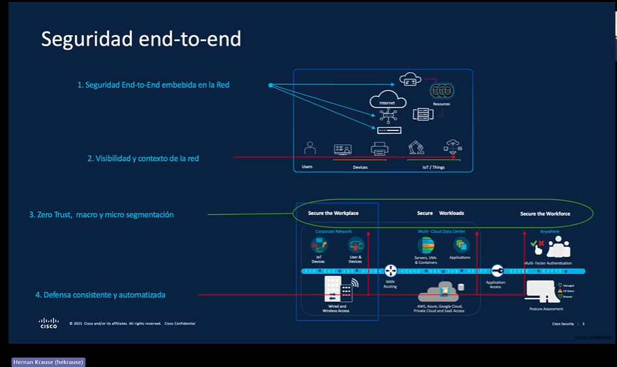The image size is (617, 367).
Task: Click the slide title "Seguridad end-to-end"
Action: pos(141,39)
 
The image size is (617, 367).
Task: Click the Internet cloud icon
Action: pos(387,100)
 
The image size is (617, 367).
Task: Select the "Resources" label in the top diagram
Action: pos(442,104)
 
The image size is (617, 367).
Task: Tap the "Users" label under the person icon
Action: pos(307,167)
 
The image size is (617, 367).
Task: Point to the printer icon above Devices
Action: pos(380,149)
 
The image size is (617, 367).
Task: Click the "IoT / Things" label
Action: pos(434,167)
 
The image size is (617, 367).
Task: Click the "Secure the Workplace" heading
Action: pos(333,213)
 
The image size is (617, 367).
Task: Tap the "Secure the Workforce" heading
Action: pos(545,214)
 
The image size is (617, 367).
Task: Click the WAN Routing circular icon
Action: pos(391,271)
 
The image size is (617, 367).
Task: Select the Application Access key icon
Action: pos(496,271)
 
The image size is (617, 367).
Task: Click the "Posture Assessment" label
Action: pos(546,309)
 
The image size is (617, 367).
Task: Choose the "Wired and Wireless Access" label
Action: pos(336,309)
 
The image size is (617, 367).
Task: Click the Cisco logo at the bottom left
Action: pos(48,323)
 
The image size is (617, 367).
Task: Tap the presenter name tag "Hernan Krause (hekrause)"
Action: pos(49,362)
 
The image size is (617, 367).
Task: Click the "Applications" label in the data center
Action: pos(460,257)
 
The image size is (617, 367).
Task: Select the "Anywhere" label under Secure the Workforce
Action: pos(549,231)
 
